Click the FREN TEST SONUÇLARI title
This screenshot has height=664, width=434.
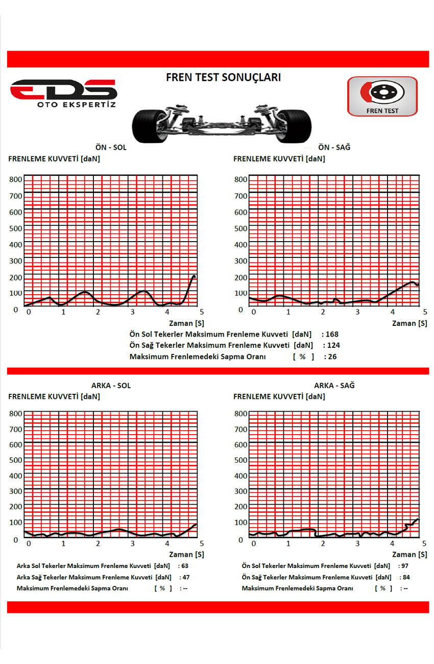click(x=223, y=78)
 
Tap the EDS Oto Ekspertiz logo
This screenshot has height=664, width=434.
click(x=64, y=93)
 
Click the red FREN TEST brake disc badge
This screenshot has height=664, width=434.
click(x=382, y=96)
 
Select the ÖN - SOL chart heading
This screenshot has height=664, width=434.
click(x=111, y=148)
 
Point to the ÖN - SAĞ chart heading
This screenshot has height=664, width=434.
click(x=334, y=148)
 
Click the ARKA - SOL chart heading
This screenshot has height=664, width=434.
click(x=111, y=386)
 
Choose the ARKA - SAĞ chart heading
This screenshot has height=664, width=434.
click(x=334, y=386)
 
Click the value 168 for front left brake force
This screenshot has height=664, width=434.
click(x=331, y=335)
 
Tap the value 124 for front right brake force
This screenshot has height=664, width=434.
click(x=332, y=346)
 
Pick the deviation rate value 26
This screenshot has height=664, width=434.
click(x=332, y=357)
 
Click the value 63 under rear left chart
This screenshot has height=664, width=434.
click(x=185, y=566)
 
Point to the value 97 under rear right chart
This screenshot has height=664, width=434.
click(x=405, y=566)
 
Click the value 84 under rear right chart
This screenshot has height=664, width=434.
click(x=406, y=577)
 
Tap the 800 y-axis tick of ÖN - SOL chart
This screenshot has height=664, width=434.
click(x=16, y=179)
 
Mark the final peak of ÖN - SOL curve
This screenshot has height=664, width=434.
click(x=194, y=276)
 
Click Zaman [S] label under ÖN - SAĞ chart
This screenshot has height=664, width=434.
click(x=409, y=323)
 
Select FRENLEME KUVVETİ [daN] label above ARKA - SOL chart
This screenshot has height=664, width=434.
click(x=54, y=396)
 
